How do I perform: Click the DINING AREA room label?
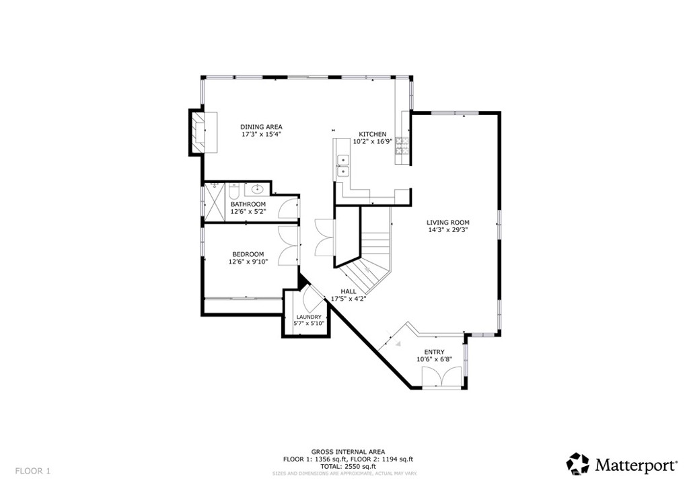pos(261,126)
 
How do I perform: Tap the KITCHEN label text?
pos(372,134)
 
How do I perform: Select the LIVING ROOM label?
pos(447,222)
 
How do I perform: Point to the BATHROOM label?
pos(248,204)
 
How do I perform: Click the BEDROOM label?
pos(248,254)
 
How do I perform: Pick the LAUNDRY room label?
pos(309,317)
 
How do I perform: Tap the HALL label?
pos(349,291)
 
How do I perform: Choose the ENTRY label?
pos(434,352)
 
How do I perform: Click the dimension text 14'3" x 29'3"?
pos(447,230)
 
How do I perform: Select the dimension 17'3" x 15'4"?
pos(261,135)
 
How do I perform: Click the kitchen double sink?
pos(343,165)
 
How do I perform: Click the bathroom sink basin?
pos(257,189)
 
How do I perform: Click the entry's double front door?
pos(441,376)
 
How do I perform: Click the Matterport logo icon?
pos(577,463)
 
